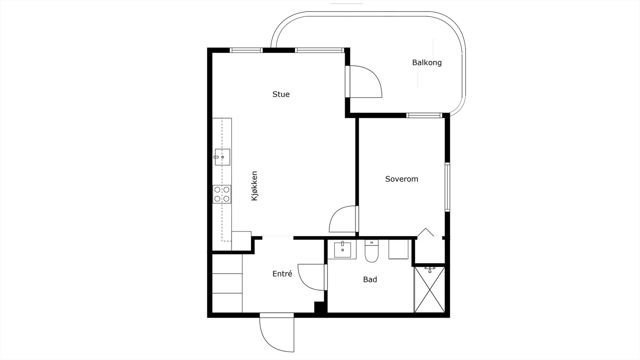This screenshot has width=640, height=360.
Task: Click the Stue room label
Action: pyautogui.click(x=281, y=94)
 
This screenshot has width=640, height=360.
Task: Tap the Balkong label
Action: pyautogui.click(x=427, y=62)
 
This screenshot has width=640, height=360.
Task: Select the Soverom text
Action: pyautogui.click(x=402, y=179)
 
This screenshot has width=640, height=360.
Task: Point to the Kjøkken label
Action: pyautogui.click(x=254, y=186)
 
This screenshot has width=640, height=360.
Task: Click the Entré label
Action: pyautogui.click(x=282, y=274)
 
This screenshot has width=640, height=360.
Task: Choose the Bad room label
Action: pyautogui.click(x=370, y=280)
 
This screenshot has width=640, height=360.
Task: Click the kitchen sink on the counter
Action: pyautogui.click(x=222, y=157)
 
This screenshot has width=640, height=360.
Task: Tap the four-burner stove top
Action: pyautogui.click(x=222, y=194)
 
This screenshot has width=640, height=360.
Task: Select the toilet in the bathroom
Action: pyautogui.click(x=372, y=251)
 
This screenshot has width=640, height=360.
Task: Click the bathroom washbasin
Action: pyautogui.click(x=342, y=250)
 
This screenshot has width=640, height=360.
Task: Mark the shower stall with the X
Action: pyautogui.click(x=430, y=290)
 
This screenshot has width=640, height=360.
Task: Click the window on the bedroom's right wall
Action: pyautogui.click(x=448, y=187)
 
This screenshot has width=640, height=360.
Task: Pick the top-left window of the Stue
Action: pyautogui.click(x=246, y=50)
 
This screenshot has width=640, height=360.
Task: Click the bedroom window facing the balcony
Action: pyautogui.click(x=424, y=116)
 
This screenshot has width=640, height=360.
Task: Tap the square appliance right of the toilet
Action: pyautogui.click(x=398, y=250)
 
